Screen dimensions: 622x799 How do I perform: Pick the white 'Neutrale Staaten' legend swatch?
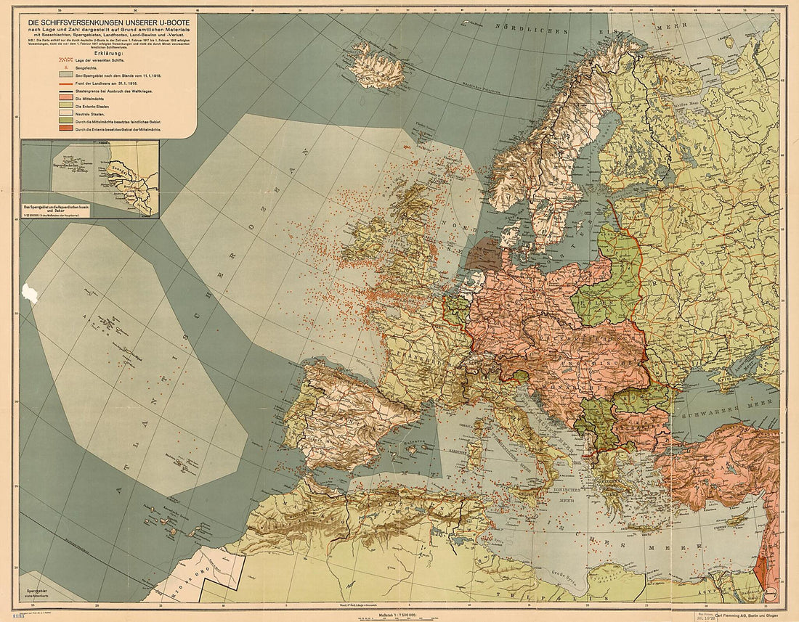66,115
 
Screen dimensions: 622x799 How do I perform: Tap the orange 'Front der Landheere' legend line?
66,84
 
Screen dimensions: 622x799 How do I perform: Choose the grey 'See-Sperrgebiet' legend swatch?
66,74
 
